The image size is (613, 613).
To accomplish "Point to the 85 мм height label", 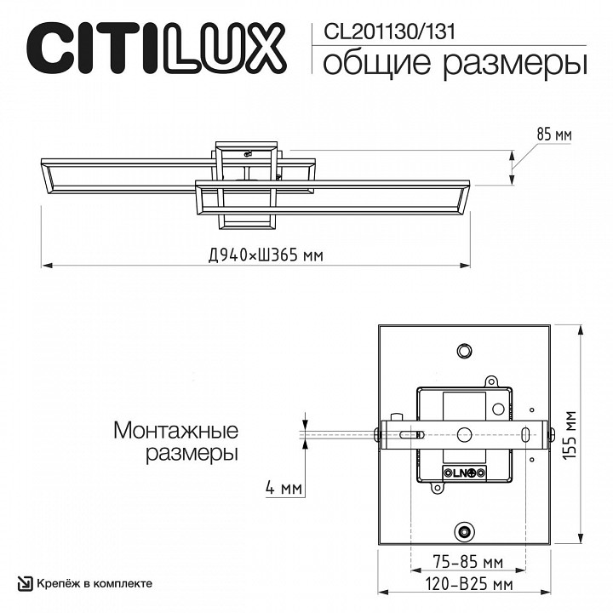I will pyautogui.click(x=554, y=135).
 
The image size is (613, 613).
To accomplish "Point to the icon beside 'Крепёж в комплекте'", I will pyautogui.click(x=25, y=583).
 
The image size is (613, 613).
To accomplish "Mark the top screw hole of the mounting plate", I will pyautogui.click(x=464, y=351).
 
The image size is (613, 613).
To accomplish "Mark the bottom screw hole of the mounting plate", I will pyautogui.click(x=464, y=532).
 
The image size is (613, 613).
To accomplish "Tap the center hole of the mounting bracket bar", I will pyautogui.click(x=464, y=433).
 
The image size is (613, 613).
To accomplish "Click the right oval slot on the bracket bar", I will pyautogui.click(x=525, y=433).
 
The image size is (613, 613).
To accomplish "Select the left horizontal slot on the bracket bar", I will pyautogui.click(x=409, y=434).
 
